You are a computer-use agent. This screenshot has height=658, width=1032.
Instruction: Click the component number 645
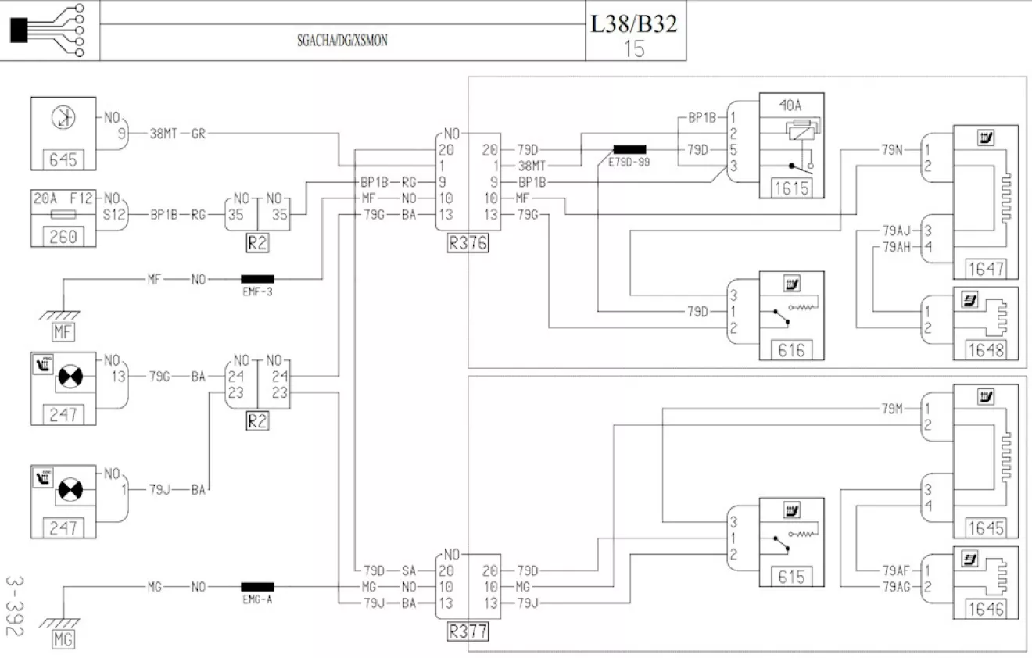tap(63, 160)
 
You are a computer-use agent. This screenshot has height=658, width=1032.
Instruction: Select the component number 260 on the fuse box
tap(63, 237)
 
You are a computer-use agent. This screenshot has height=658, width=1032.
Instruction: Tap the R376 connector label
tap(468, 243)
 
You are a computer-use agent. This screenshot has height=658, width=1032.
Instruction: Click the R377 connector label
tap(468, 631)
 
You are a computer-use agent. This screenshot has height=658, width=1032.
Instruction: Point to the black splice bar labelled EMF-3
tap(257, 279)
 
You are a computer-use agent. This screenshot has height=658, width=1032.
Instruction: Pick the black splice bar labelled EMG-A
tap(257, 587)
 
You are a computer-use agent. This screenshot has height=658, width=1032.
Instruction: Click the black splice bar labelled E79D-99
tap(630, 149)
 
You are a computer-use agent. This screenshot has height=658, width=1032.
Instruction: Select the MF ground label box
tap(63, 332)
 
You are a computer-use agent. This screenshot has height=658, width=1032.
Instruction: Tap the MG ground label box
tap(63, 639)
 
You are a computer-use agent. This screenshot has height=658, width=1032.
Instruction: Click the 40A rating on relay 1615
tap(790, 105)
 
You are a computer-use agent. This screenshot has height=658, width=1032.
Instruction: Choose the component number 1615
tap(791, 188)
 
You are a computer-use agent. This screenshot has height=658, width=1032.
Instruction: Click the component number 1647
tap(986, 269)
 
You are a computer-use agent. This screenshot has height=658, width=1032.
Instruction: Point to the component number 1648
tap(986, 350)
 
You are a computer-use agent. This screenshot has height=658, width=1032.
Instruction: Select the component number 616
tap(791, 350)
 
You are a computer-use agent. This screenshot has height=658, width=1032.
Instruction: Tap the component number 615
tap(791, 577)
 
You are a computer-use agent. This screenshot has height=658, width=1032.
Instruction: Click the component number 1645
tap(986, 527)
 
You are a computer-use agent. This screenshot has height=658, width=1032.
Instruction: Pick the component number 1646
tap(986, 610)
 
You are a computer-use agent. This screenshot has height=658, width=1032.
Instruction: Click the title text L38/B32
tap(634, 24)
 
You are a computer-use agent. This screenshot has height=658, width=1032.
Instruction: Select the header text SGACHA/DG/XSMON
tap(342, 41)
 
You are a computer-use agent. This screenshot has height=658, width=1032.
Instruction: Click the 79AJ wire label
tap(897, 231)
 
